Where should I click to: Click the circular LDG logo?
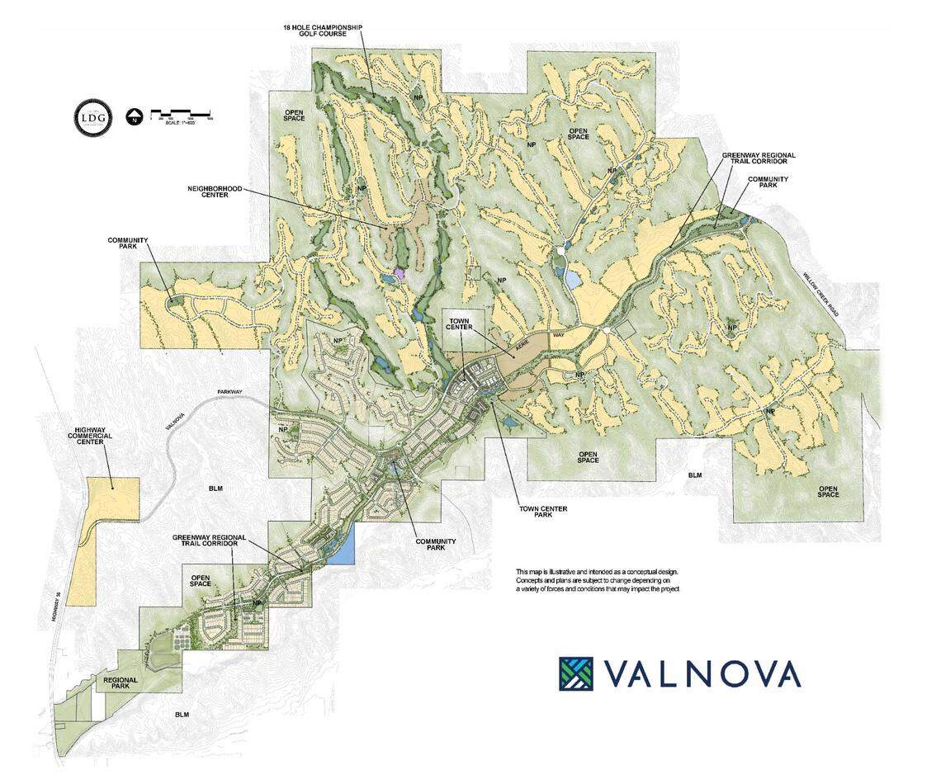tap(92, 116)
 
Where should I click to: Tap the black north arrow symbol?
tap(134, 116)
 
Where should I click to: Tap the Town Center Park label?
tap(541, 512)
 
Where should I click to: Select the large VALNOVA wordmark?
tap(702, 673)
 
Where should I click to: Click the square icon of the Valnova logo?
tap(575, 673)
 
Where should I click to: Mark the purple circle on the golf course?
tap(400, 272)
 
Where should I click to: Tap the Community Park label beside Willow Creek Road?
tap(768, 182)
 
